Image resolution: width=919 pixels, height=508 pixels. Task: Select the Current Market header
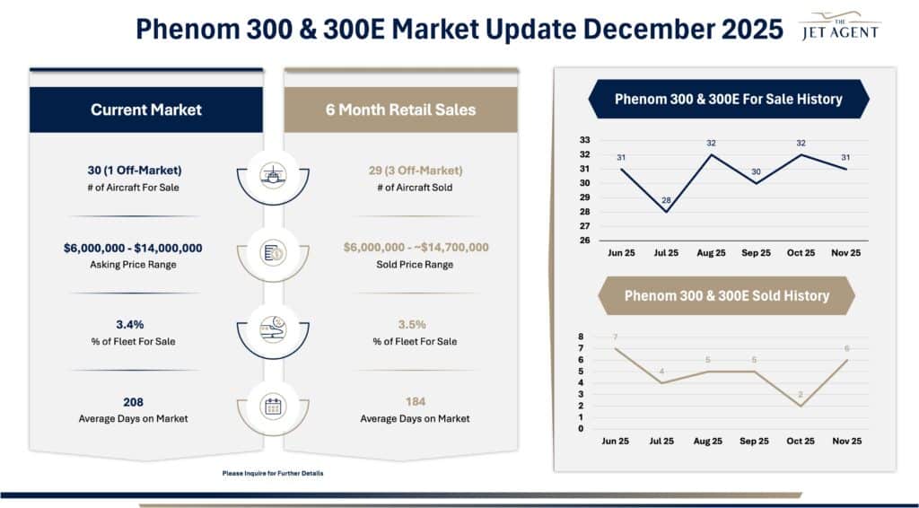[146, 109]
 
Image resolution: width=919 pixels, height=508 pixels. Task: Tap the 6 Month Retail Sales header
[400, 109]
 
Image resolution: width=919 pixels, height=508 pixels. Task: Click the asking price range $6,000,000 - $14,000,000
[145, 248]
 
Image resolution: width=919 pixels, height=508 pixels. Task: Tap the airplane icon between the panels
[273, 174]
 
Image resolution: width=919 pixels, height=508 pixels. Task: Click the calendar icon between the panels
[273, 406]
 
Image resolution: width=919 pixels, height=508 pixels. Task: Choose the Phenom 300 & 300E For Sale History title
[728, 100]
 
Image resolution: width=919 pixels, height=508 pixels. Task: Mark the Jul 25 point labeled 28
[666, 212]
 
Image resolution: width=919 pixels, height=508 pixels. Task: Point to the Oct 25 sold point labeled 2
[800, 406]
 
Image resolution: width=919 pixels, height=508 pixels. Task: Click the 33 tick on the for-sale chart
[584, 140]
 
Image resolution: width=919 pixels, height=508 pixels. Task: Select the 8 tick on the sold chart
[582, 337]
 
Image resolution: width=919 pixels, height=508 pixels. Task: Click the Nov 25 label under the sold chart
[845, 441]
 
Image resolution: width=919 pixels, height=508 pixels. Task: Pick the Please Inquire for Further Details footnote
[273, 473]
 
